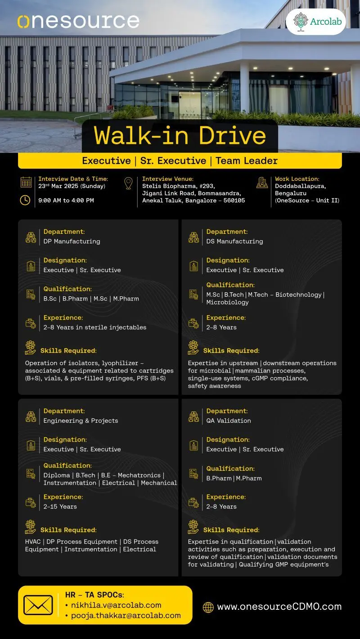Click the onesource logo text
click(78, 21)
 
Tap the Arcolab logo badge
click(316, 22)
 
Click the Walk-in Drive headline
click(180, 136)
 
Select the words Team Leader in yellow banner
click(247, 161)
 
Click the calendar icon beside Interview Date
click(26, 182)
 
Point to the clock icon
click(26, 200)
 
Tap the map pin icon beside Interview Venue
click(128, 183)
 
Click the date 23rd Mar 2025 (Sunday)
click(72, 186)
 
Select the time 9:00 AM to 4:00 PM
click(66, 201)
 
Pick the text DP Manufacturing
click(72, 241)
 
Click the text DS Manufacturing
click(234, 241)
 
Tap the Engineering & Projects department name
click(81, 421)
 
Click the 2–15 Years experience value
click(60, 507)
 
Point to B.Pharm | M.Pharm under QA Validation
click(234, 478)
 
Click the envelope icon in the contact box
click(38, 605)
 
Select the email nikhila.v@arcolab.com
click(116, 605)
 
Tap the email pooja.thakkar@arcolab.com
click(126, 616)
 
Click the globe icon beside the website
click(208, 607)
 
